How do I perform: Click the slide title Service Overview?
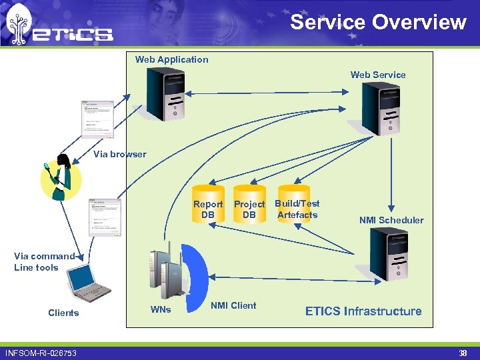[x=378, y=22]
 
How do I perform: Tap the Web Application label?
[x=171, y=59]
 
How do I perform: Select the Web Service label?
[x=378, y=75]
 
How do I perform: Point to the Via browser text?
[x=120, y=154]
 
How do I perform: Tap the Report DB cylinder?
[x=208, y=204]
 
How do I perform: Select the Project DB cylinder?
[x=249, y=204]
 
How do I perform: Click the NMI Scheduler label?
[x=391, y=220]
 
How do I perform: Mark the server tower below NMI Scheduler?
[x=388, y=254]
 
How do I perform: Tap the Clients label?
[x=63, y=313]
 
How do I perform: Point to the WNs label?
[x=161, y=309]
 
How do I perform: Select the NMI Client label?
[x=233, y=305]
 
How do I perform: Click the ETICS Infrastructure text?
[x=363, y=311]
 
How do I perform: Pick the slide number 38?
[x=463, y=353]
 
